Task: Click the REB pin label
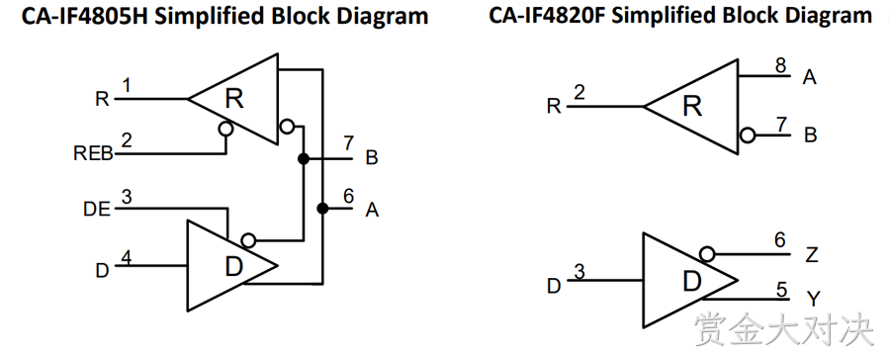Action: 94,154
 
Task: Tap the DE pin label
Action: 97,210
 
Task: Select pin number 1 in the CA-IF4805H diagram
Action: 127,86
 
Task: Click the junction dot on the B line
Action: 304,158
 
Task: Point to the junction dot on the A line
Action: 322,209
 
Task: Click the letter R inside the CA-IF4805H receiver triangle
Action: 234,99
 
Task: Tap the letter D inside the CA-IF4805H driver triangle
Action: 233,267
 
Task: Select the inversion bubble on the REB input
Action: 225,130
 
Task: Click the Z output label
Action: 812,255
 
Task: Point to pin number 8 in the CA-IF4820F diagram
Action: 781,66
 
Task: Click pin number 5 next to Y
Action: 782,290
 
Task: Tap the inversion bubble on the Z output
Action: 707,254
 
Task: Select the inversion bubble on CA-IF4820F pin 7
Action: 749,135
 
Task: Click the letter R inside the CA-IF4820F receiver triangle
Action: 692,106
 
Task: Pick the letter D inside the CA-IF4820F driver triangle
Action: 691,282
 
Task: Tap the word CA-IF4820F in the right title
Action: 547,16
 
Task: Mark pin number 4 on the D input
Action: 127,258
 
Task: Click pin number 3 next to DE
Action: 127,197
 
